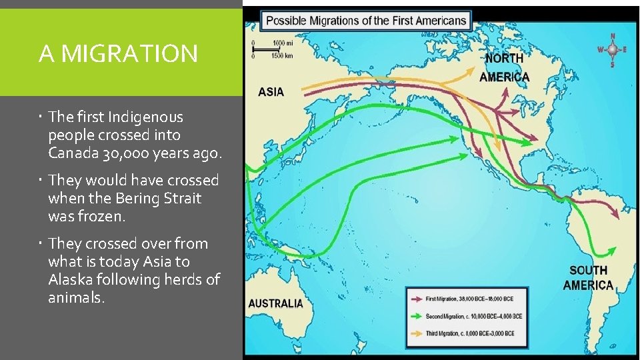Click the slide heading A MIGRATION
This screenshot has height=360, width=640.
(x=118, y=53)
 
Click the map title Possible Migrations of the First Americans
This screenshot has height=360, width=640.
(x=366, y=20)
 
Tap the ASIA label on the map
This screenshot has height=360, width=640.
(x=271, y=92)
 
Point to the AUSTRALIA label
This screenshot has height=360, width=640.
(x=275, y=303)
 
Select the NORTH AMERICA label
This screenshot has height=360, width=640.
(x=505, y=67)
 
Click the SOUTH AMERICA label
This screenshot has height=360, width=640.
(x=588, y=277)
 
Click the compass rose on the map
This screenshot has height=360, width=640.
(x=612, y=50)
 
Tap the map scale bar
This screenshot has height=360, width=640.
(x=273, y=49)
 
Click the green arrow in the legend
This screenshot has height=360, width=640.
(x=419, y=316)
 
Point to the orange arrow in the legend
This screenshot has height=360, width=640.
(x=419, y=333)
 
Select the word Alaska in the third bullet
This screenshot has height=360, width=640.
(x=70, y=279)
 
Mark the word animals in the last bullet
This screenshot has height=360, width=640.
(x=75, y=297)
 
